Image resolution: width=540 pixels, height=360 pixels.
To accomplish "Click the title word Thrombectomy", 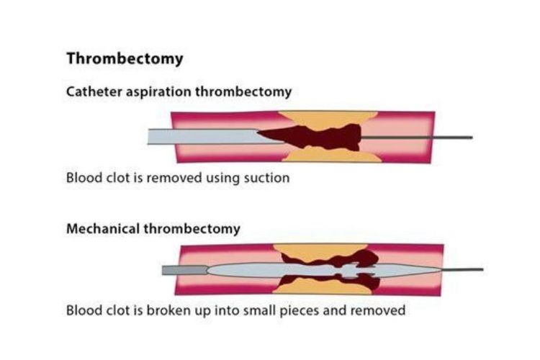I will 125,59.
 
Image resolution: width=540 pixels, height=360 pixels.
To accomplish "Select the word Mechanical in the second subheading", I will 100,229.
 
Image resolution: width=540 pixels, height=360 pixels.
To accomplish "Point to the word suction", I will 265,177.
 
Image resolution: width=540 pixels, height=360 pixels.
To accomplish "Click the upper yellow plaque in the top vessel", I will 331,117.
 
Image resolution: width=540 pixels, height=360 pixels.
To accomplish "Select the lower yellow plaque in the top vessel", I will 328,154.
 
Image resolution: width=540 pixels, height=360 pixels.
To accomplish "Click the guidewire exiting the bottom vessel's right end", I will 464,271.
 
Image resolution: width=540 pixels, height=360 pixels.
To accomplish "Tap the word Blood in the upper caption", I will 84,177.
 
